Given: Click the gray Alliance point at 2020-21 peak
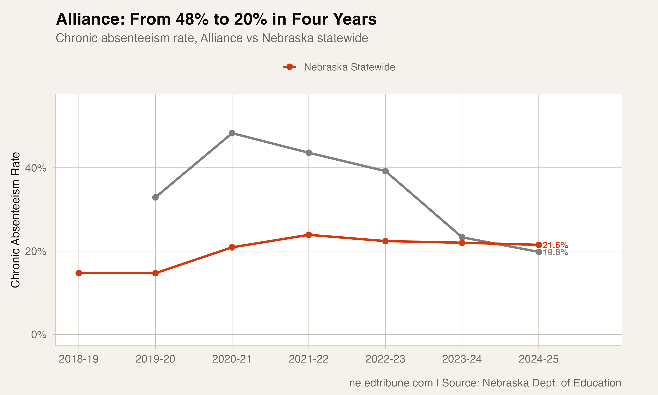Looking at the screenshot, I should (232, 133).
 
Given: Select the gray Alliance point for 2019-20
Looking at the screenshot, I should (155, 197).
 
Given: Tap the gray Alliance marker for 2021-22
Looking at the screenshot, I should (309, 153).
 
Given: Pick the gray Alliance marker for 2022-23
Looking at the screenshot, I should (385, 171).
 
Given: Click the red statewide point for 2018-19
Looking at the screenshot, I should (79, 273).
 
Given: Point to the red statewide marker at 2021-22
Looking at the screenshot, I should (309, 235).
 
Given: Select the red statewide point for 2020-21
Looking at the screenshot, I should (232, 247).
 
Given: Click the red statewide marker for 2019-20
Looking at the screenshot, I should (155, 273).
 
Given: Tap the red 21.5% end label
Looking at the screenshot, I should (555, 245).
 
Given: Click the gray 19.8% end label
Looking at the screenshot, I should (555, 252).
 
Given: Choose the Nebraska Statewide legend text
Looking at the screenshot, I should (349, 67).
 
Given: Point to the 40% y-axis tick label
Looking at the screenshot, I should (35, 168).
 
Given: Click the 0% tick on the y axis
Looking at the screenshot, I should (39, 335).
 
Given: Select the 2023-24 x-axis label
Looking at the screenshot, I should (462, 359).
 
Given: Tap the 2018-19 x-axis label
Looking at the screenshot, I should (79, 359).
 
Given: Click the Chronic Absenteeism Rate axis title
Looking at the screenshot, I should (15, 220).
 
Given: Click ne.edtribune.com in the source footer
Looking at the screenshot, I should (391, 383).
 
